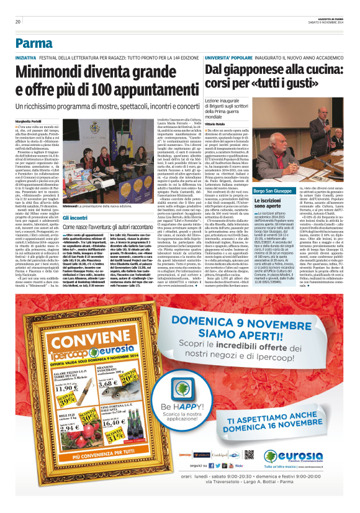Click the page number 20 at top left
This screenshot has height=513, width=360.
(x=18, y=22)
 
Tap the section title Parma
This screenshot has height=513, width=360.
(x=34, y=43)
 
